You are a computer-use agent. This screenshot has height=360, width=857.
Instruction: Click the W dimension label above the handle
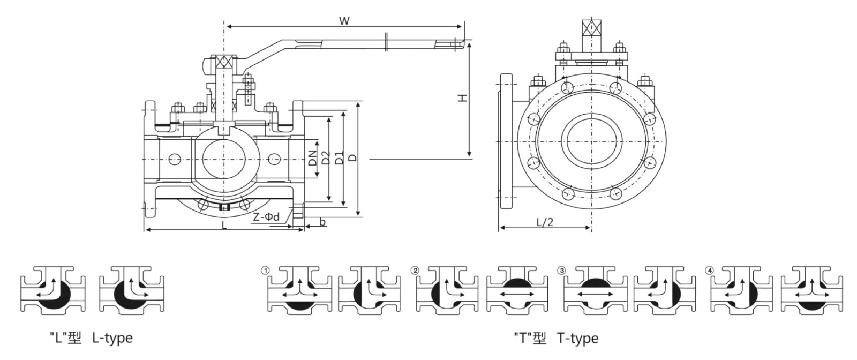(344, 21)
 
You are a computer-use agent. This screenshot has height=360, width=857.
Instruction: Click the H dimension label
(462, 97)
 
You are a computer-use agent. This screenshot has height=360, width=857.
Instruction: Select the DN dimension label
(312, 159)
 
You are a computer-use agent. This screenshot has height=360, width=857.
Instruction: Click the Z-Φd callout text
(266, 217)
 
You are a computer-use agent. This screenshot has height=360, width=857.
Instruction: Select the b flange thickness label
(322, 222)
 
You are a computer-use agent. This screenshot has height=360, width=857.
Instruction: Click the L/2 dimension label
(544, 222)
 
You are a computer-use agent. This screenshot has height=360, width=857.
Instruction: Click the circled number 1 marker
(264, 271)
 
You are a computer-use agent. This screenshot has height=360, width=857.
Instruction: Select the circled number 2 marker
(414, 271)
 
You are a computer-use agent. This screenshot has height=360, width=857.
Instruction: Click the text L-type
(112, 338)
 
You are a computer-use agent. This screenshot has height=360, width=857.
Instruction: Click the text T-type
(577, 338)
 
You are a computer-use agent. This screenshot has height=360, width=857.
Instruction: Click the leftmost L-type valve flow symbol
(52, 289)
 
